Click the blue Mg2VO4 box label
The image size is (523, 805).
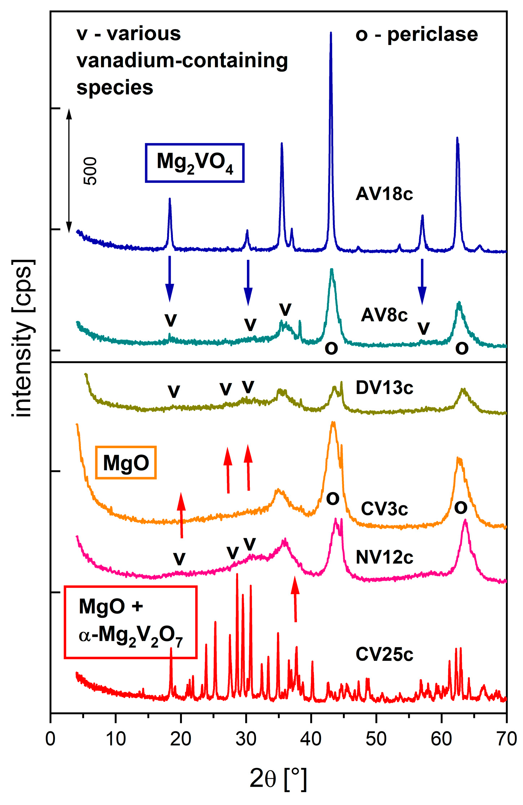(194, 163)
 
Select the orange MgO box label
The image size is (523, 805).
(125, 463)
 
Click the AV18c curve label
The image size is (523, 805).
(384, 194)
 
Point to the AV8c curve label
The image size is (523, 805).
(384, 315)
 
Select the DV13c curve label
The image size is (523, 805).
(384, 388)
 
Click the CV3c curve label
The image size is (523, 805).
(384, 509)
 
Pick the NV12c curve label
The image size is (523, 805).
(384, 557)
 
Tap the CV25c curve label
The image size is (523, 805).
(384, 654)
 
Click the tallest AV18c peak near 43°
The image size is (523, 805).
(331, 34)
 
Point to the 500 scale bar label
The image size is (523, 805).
(90, 171)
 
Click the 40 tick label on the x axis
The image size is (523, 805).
(311, 739)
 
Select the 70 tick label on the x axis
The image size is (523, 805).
(506, 739)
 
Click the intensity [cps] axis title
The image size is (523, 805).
(23, 338)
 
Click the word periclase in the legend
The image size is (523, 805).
(432, 35)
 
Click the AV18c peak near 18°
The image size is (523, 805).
(170, 200)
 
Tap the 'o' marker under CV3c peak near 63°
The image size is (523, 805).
(460, 507)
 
